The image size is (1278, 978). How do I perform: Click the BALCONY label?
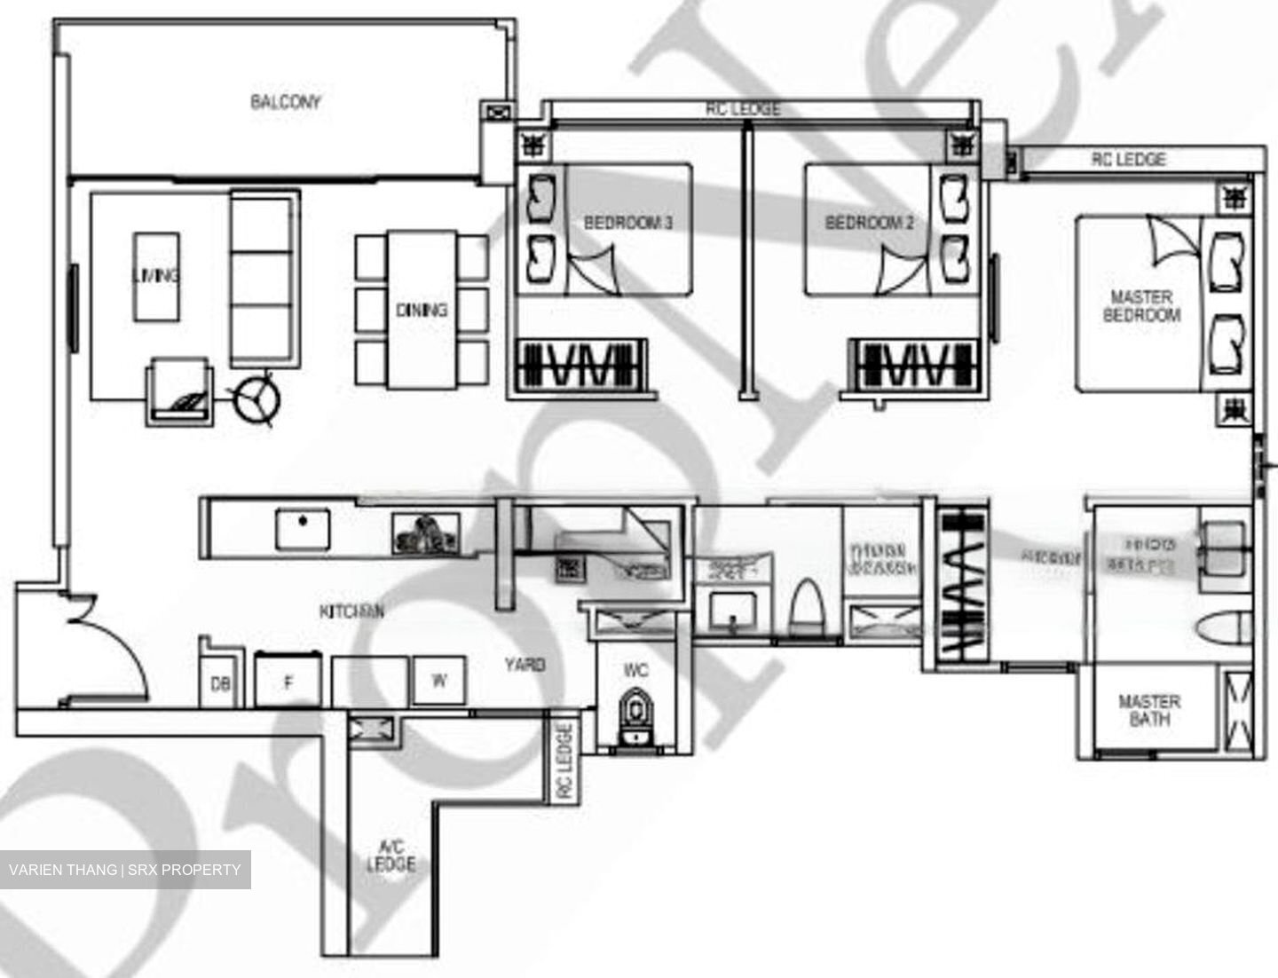click(x=285, y=102)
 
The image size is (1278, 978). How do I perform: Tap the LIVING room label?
click(x=155, y=275)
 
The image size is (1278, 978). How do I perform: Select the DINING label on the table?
click(x=422, y=310)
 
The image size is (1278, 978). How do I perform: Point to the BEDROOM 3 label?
click(x=627, y=222)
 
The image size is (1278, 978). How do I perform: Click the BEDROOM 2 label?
click(x=869, y=222)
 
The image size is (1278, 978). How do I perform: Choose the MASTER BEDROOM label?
click(x=1141, y=306)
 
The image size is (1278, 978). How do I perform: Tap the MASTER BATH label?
click(x=1148, y=710)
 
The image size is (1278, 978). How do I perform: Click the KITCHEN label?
click(x=351, y=611)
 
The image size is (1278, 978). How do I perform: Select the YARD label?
click(x=525, y=664)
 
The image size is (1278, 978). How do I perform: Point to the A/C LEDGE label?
click(x=390, y=856)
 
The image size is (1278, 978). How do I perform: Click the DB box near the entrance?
click(x=220, y=683)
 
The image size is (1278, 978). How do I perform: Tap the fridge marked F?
click(x=288, y=682)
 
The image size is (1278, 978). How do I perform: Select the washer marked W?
click(x=439, y=681)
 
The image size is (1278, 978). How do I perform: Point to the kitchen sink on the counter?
click(x=302, y=529)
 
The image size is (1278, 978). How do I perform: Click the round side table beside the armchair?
click(x=257, y=401)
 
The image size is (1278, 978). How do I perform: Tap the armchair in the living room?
click(x=180, y=391)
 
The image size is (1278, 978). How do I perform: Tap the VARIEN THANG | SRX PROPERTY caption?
click(x=125, y=870)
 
